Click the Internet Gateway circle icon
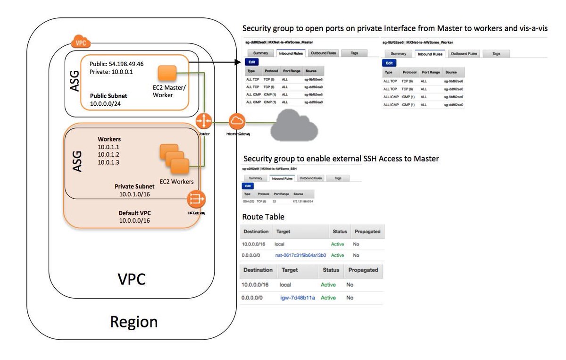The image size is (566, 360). [x=237, y=121]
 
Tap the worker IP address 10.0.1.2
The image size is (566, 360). [x=109, y=155]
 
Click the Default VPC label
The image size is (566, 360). [x=134, y=213]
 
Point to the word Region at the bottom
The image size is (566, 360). [x=134, y=322]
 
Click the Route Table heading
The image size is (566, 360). [x=263, y=217]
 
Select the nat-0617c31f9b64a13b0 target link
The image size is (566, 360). [x=301, y=255]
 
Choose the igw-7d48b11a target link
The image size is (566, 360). [x=298, y=298]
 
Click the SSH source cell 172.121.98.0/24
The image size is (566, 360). [x=303, y=201]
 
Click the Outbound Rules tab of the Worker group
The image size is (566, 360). [x=464, y=54]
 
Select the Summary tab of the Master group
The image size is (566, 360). [x=260, y=53]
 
